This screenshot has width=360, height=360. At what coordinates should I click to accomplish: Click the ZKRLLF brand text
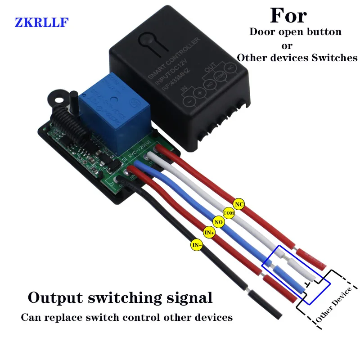tap(41, 22)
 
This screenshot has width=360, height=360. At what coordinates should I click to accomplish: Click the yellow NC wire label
tap(239, 204)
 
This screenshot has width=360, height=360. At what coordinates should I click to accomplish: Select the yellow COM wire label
tap(229, 213)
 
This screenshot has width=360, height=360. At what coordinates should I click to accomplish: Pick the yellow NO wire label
tap(219, 222)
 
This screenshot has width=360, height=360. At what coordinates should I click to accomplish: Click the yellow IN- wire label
tap(197, 245)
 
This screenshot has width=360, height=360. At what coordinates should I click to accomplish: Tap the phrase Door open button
tap(295, 32)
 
